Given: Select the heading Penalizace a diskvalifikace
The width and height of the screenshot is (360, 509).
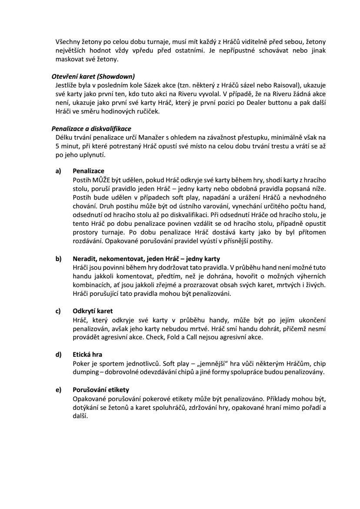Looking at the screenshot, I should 91,129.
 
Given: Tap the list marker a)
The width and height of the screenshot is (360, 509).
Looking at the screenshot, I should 58,171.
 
